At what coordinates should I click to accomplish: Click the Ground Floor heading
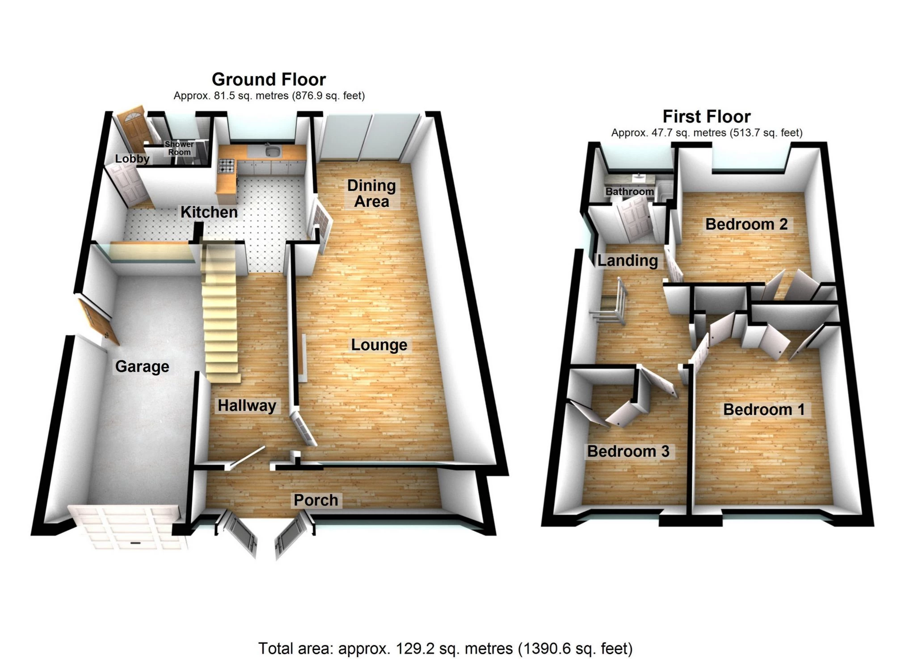[269, 80]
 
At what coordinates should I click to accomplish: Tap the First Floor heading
[707, 117]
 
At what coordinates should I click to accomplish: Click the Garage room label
[142, 366]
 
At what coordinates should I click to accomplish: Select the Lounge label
[379, 345]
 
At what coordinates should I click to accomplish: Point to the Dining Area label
[371, 193]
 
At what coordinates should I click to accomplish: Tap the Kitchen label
[209, 212]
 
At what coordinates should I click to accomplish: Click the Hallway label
[247, 406]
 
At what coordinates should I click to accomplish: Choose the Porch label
[316, 500]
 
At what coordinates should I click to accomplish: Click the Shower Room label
[179, 148]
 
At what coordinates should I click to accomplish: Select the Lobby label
[132, 159]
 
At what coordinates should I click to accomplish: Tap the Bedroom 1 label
[764, 409]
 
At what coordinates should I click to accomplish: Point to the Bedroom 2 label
[746, 224]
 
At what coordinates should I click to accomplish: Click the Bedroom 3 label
[628, 451]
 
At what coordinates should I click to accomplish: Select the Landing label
[627, 260]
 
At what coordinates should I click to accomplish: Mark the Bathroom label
[629, 191]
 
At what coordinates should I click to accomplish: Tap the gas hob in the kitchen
[227, 166]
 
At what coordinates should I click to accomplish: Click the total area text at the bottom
[446, 648]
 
